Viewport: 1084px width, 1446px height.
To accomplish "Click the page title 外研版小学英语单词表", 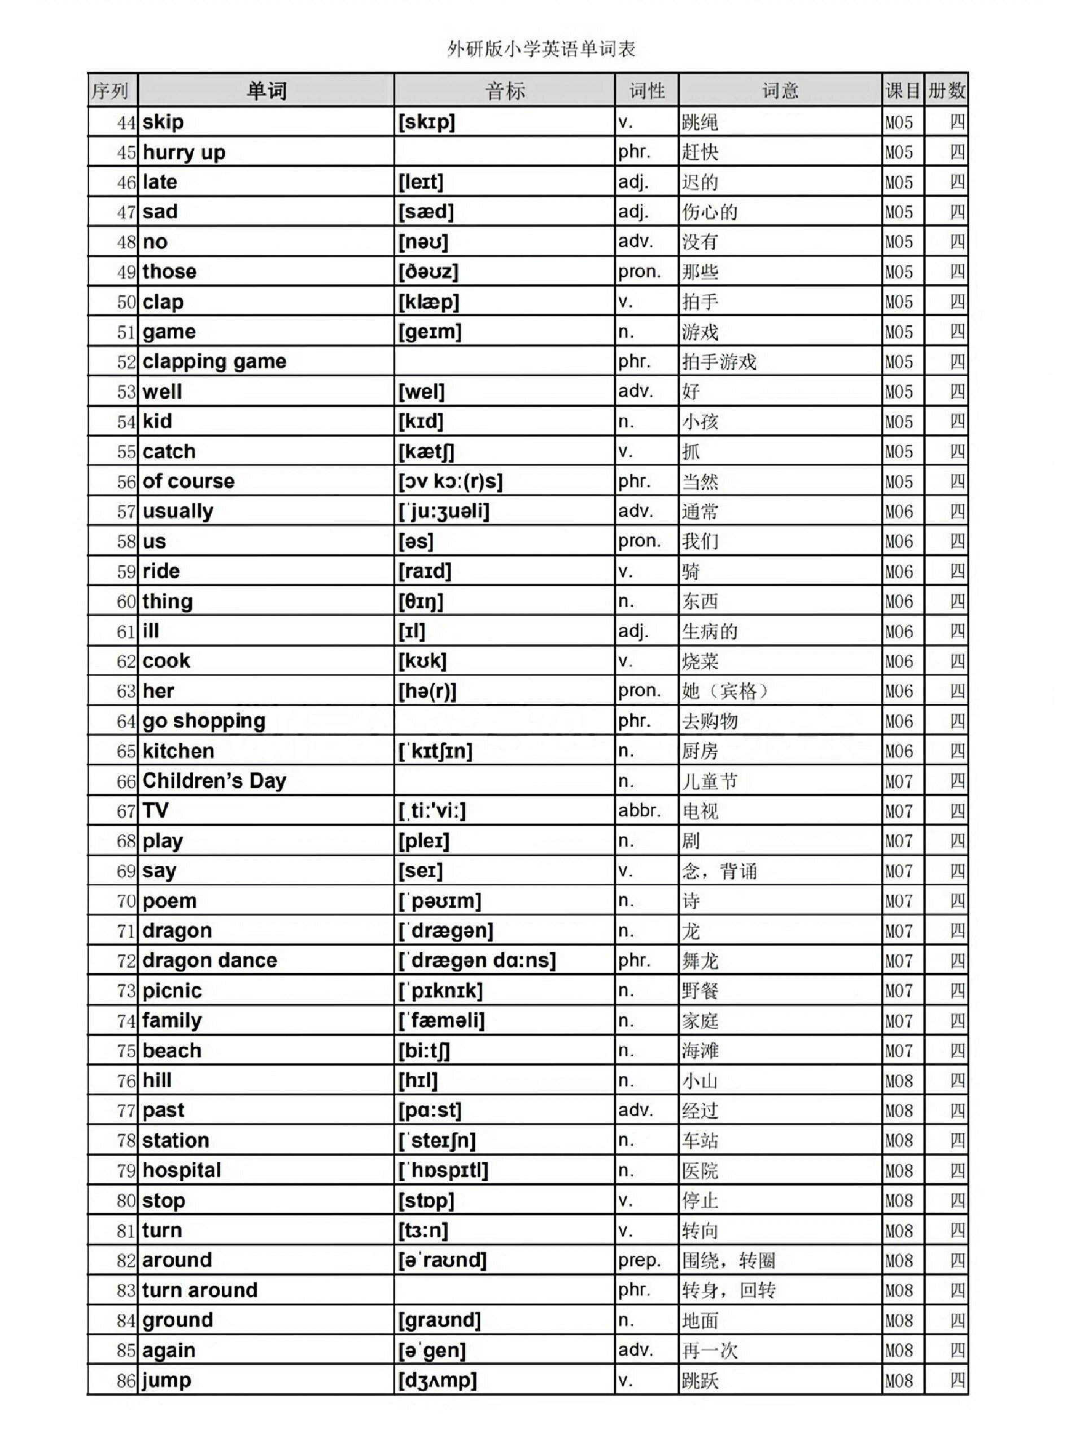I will click(541, 49).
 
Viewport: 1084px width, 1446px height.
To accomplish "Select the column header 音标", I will click(504, 91).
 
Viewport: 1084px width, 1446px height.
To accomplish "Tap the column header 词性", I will click(646, 91).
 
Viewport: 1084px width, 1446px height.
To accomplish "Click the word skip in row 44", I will click(163, 121).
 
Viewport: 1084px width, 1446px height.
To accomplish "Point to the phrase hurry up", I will click(183, 153).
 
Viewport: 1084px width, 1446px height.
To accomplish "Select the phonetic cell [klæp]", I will click(429, 302).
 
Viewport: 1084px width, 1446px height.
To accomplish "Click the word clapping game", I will click(215, 361).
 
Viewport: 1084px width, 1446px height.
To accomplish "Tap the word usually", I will click(178, 511).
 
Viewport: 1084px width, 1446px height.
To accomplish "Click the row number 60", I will click(126, 602).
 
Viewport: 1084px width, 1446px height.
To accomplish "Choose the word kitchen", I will click(178, 751).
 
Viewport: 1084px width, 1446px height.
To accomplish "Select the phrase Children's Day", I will click(215, 781).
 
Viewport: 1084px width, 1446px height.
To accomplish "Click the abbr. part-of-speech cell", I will click(639, 811).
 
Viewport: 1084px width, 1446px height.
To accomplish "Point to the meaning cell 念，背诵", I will click(719, 871).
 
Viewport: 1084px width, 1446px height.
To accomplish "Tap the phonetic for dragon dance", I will click(477, 960).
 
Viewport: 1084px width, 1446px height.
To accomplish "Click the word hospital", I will click(182, 1170).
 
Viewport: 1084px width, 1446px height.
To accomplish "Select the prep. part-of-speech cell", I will click(639, 1260).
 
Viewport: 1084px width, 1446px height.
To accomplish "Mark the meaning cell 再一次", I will click(710, 1351).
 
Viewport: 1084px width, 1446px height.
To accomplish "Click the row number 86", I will click(126, 1380).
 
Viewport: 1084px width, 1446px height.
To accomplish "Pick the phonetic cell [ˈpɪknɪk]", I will click(440, 990).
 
